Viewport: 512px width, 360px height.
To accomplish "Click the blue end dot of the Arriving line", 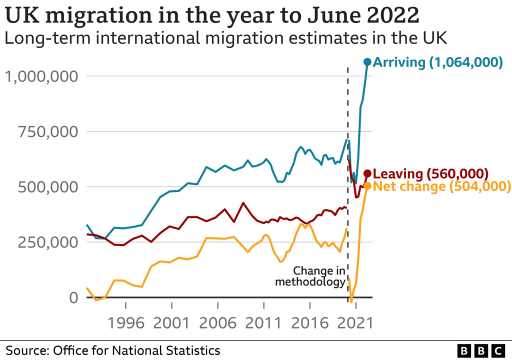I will click(367, 61).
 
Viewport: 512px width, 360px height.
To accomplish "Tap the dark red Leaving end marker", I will click(367, 173).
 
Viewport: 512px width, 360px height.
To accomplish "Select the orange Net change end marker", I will click(367, 185).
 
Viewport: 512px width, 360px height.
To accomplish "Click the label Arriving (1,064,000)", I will click(438, 62).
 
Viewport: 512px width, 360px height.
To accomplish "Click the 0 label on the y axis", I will click(73, 297).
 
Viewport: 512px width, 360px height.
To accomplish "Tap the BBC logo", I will click(482, 349).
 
